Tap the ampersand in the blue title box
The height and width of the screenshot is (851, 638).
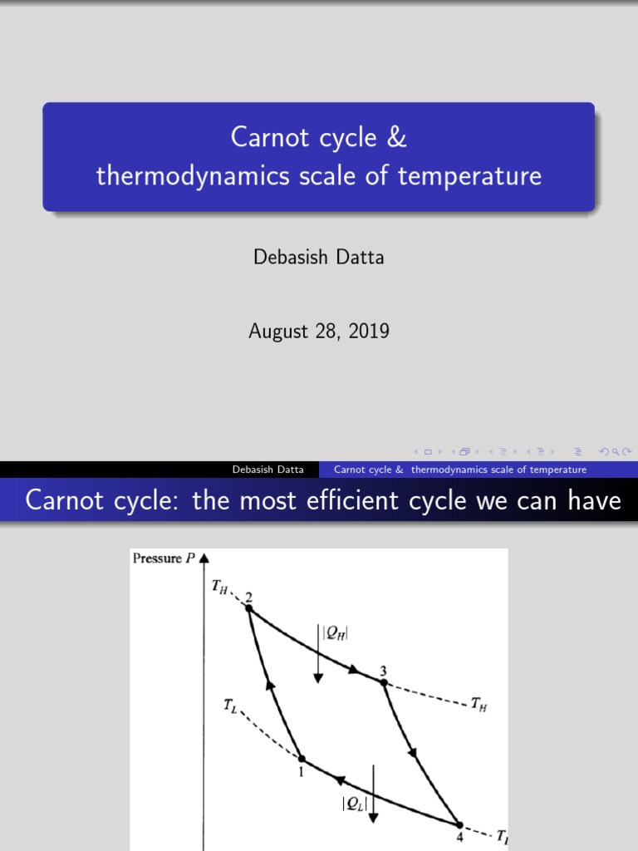[x=397, y=137]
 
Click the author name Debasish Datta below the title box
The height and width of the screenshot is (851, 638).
[x=318, y=257]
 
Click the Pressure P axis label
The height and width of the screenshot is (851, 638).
[x=163, y=558]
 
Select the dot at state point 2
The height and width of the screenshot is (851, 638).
[x=248, y=608]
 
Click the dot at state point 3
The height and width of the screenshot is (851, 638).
[x=383, y=682]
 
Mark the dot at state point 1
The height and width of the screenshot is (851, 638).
[x=302, y=759]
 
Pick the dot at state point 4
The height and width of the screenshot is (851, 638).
[x=459, y=824]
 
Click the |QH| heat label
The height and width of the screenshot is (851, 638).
[x=335, y=633]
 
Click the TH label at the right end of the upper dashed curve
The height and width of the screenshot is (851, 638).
[x=479, y=705]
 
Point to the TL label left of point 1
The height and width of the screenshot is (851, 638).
[x=230, y=706]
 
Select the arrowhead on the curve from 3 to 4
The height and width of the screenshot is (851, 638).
[x=412, y=753]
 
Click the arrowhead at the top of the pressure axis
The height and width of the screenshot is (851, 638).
[x=204, y=559]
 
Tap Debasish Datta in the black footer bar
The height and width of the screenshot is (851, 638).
[x=268, y=470]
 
